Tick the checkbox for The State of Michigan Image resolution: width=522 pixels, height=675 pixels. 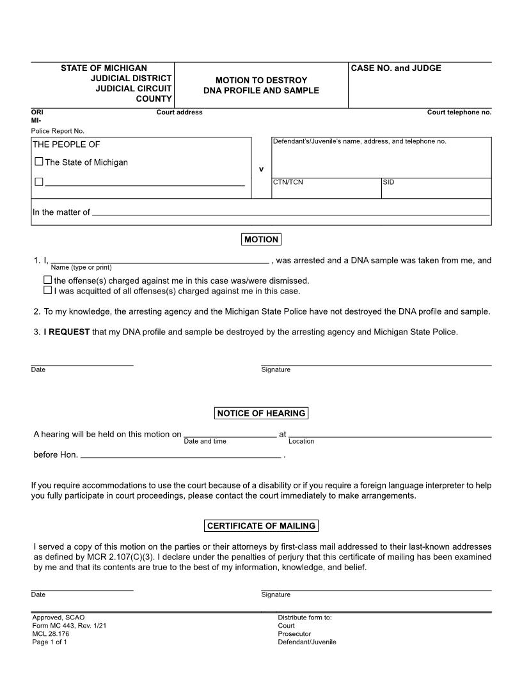39,162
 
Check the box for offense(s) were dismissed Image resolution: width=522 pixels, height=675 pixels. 47,280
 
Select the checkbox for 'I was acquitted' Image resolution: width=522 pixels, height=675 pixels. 47,290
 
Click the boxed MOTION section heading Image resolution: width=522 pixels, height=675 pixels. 261,240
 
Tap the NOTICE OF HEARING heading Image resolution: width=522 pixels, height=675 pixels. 261,414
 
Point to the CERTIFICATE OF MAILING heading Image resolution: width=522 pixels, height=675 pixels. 261,526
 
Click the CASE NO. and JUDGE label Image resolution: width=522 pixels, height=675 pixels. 396,68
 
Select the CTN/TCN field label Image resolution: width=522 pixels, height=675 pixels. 288,182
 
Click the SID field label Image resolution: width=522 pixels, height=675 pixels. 388,182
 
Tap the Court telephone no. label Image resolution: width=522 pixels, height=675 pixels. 459,112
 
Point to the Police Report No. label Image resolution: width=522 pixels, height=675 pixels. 58,131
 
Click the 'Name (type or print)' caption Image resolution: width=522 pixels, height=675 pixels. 81,267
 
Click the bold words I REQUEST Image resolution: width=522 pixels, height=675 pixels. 67,332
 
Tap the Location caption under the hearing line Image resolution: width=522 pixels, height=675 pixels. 301,441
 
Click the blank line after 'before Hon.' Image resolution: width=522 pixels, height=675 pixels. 181,456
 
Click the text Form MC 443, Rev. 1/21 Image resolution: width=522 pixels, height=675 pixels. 69,626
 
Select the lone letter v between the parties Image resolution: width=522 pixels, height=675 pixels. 261,169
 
